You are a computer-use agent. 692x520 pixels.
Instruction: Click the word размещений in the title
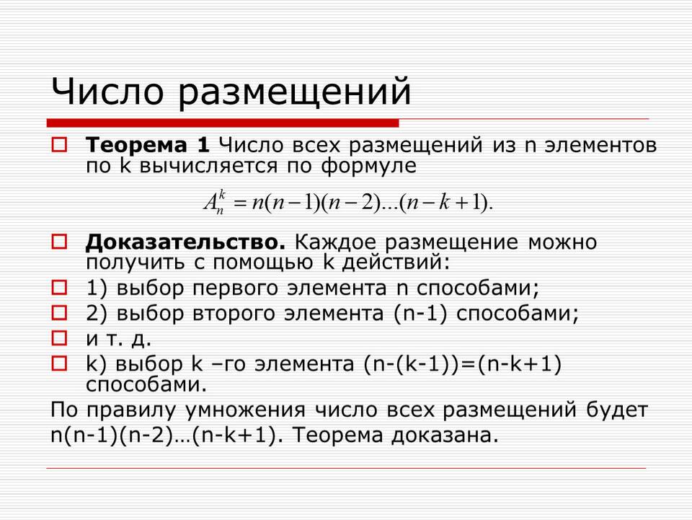click(295, 94)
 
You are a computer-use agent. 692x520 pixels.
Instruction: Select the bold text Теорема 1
click(147, 145)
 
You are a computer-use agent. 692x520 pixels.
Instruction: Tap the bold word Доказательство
click(185, 242)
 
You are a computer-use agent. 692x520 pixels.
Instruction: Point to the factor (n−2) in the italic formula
click(351, 203)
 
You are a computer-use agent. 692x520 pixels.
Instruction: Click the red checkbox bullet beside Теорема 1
click(59, 145)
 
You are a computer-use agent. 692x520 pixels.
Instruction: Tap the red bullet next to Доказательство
click(59, 242)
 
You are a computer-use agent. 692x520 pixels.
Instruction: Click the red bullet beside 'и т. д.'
click(59, 338)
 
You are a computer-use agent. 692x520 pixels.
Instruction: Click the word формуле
click(368, 167)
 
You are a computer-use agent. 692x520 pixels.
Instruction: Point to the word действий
click(391, 263)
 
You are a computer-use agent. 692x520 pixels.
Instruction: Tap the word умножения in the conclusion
click(245, 410)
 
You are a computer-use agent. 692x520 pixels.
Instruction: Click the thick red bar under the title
click(223, 123)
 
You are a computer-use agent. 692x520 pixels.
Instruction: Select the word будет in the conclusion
click(617, 409)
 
